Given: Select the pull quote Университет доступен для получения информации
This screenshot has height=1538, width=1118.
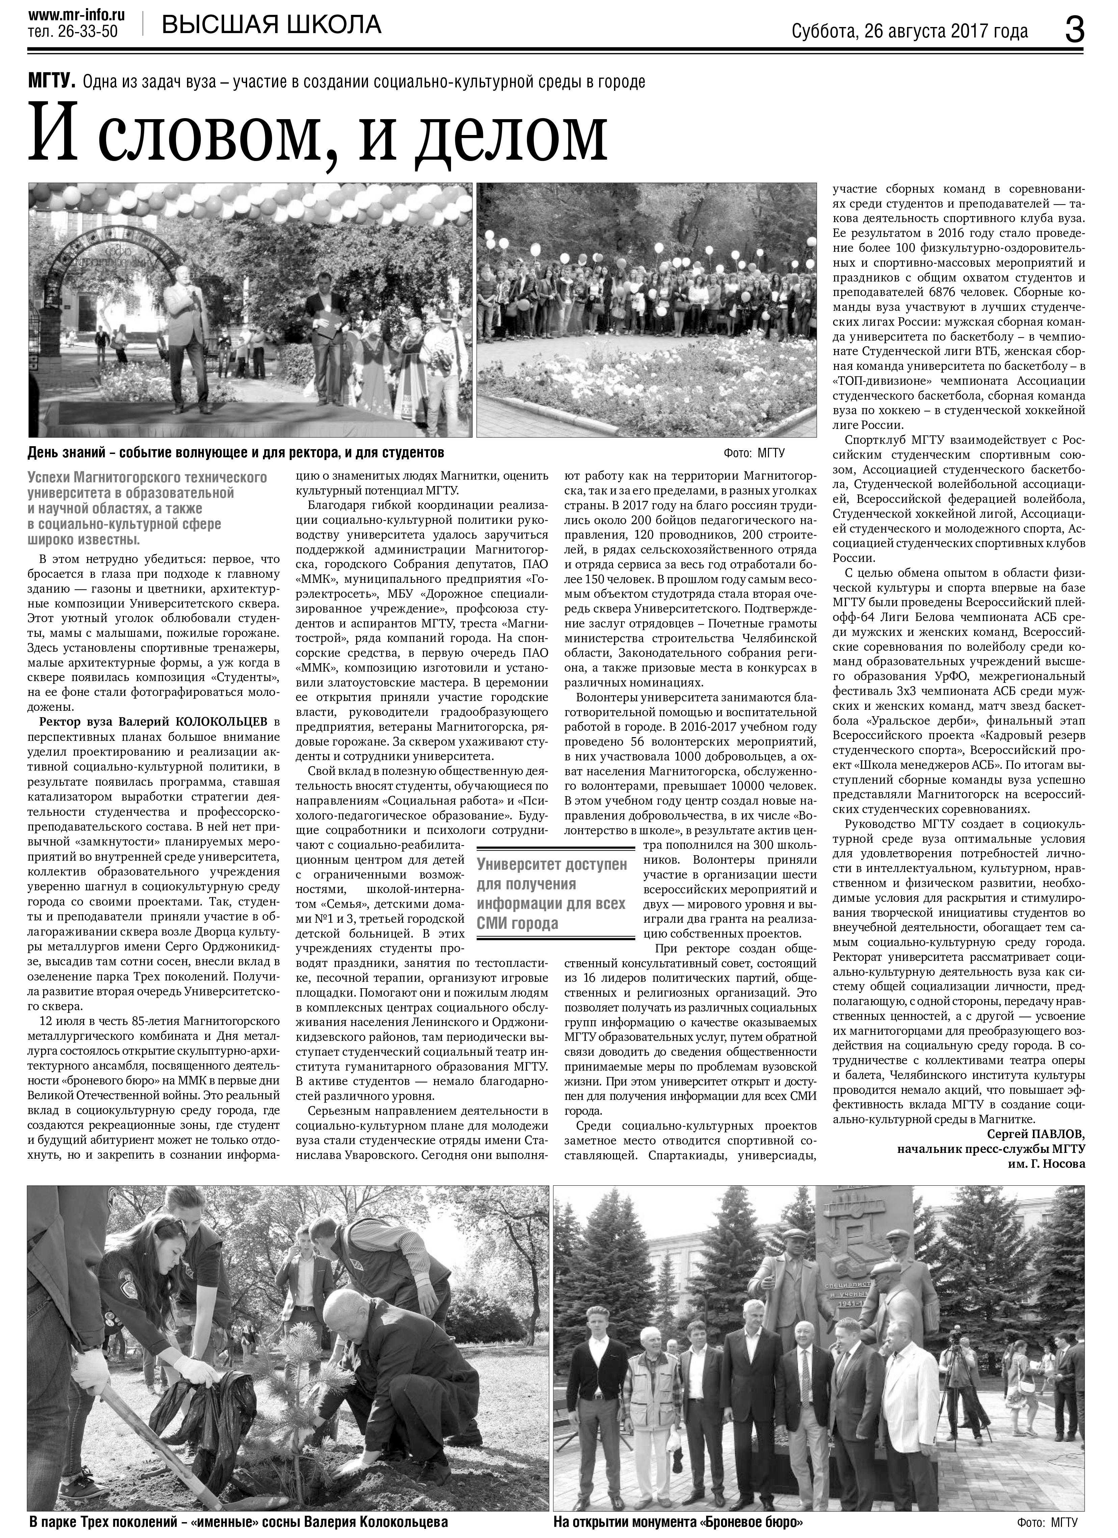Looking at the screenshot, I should point(551,894).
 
